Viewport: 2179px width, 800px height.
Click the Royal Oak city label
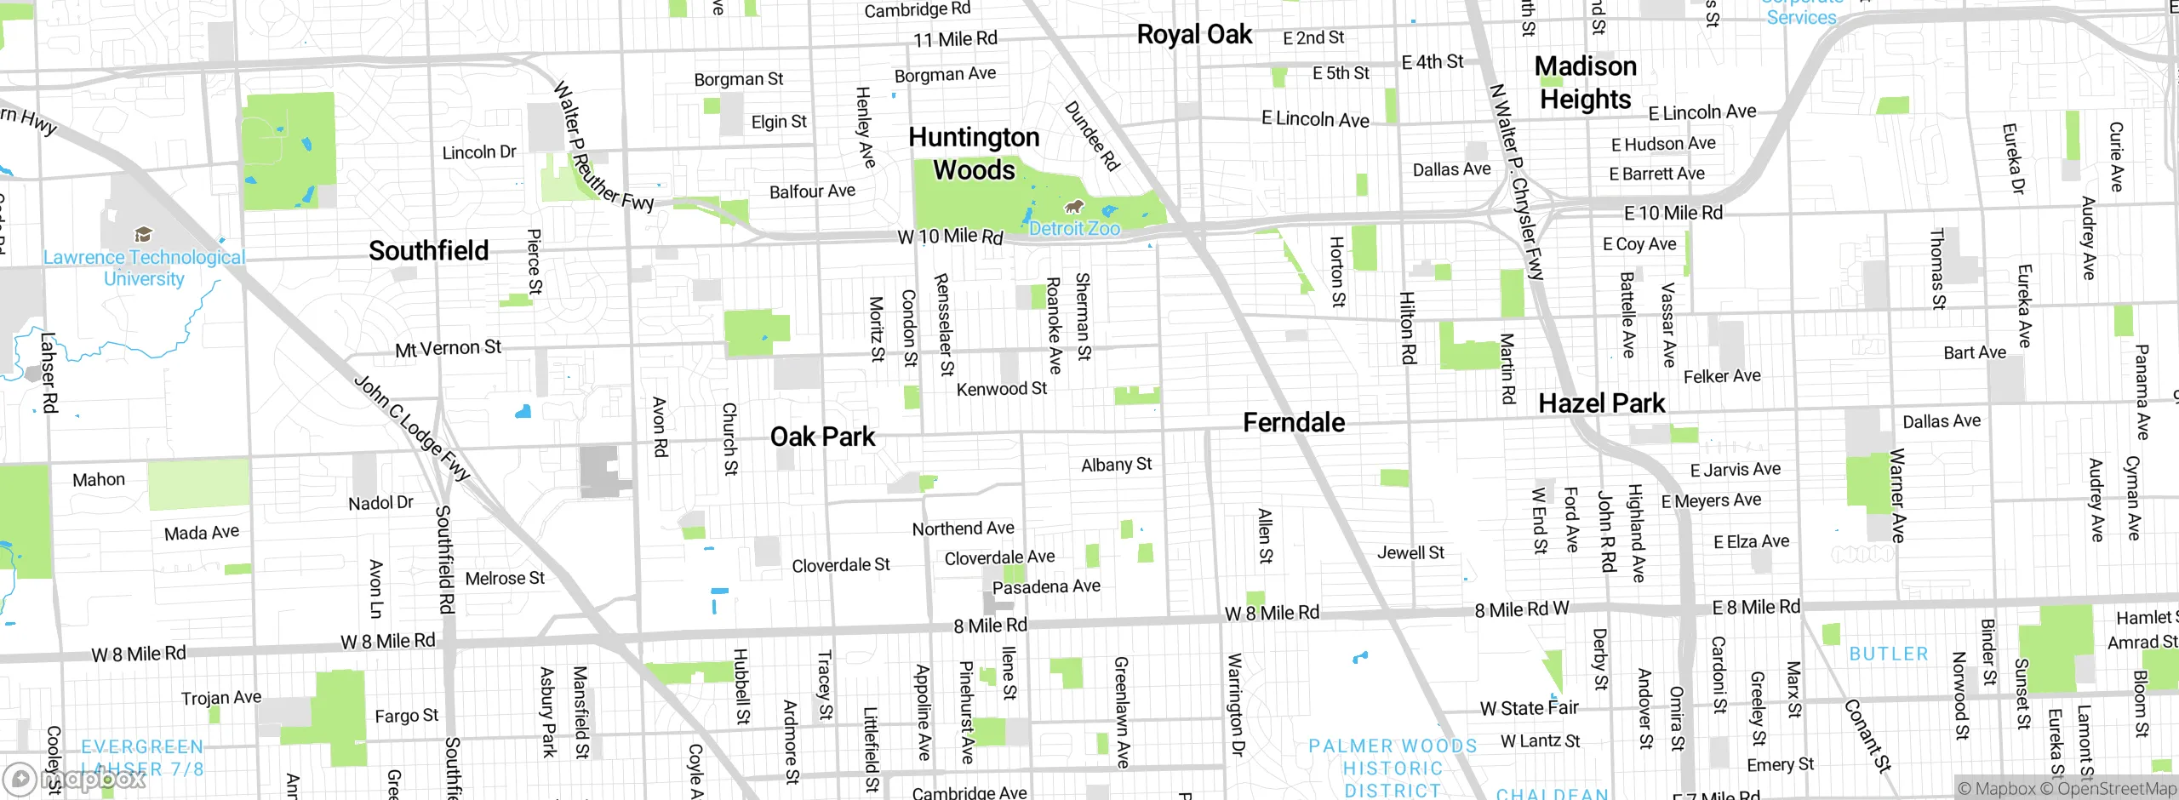click(1194, 35)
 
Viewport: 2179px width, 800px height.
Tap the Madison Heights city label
click(1585, 83)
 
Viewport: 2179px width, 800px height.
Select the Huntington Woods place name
click(974, 153)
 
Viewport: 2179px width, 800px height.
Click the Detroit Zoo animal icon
click(1074, 206)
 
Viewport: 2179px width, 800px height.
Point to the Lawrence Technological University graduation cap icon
click(143, 234)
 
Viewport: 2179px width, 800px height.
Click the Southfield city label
click(428, 251)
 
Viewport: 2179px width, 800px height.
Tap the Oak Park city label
click(822, 437)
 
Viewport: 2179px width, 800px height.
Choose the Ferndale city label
click(1294, 423)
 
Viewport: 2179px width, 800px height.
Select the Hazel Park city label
click(1601, 403)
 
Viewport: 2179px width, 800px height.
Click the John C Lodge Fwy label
click(412, 428)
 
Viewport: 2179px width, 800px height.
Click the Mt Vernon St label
click(449, 348)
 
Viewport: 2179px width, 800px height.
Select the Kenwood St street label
click(1002, 389)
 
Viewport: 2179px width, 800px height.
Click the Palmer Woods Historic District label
click(1393, 769)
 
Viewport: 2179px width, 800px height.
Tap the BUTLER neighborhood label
click(1889, 654)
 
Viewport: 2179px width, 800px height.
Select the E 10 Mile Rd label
click(1673, 213)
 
